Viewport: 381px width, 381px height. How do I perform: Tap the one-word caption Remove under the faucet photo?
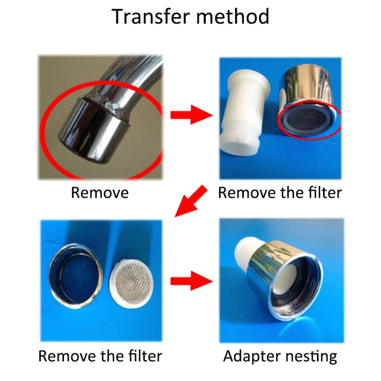pyautogui.click(x=100, y=193)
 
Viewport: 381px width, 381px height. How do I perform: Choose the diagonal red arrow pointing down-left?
pyautogui.click(x=192, y=202)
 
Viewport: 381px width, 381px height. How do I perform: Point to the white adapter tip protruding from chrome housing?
pyautogui.click(x=245, y=254)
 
